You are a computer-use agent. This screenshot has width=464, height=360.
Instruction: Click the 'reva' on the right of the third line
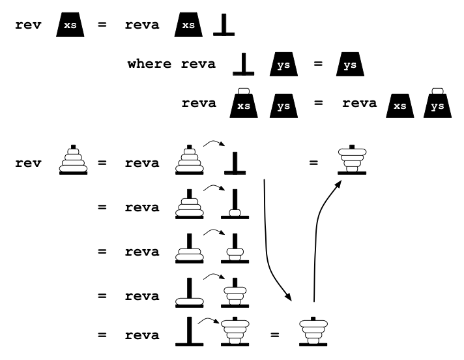[x=359, y=103]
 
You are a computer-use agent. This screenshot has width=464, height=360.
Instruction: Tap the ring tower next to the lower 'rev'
[x=72, y=160]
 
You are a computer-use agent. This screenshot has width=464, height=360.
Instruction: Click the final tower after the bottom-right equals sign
[x=313, y=331]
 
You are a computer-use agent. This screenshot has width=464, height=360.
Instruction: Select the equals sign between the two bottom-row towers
[x=275, y=336]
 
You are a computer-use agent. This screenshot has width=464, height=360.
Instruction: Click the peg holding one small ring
[x=234, y=204]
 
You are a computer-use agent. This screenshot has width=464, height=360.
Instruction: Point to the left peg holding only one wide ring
[x=189, y=292]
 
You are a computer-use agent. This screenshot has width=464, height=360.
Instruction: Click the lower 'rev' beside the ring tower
[x=28, y=162]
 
